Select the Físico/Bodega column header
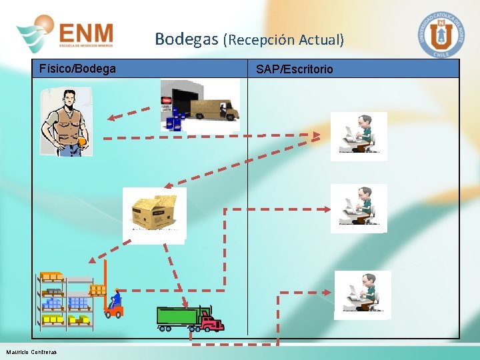[x=77, y=69]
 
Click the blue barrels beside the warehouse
[x=175, y=121]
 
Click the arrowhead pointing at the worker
[x=113, y=118]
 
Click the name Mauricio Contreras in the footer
[x=32, y=352]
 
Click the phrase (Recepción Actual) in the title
[x=284, y=40]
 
